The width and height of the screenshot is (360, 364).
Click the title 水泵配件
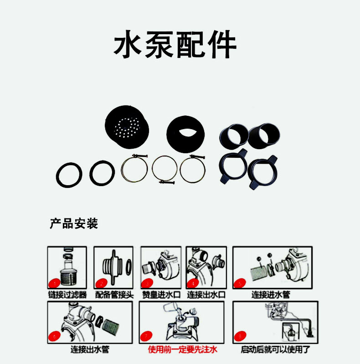(x=175, y=44)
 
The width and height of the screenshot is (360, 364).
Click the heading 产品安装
(x=74, y=224)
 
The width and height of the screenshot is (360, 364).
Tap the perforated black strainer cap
(x=127, y=127)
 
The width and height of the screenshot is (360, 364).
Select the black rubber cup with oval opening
(x=185, y=135)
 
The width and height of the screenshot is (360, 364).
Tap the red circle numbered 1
(x=55, y=283)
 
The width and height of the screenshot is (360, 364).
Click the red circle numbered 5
(x=240, y=283)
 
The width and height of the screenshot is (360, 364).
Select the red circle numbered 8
(x=240, y=336)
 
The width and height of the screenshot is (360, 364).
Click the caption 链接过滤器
(x=67, y=295)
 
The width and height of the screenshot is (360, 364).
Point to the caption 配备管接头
(x=114, y=295)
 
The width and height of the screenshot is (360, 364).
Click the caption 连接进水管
(x=271, y=295)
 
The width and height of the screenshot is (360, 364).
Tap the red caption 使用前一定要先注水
(x=183, y=349)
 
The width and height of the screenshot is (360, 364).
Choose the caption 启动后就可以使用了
(x=275, y=349)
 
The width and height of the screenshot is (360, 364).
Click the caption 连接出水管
(x=90, y=349)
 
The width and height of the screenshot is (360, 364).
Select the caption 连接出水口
(x=206, y=295)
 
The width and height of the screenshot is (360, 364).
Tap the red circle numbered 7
(x=146, y=336)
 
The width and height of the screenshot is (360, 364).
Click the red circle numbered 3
(x=147, y=283)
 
